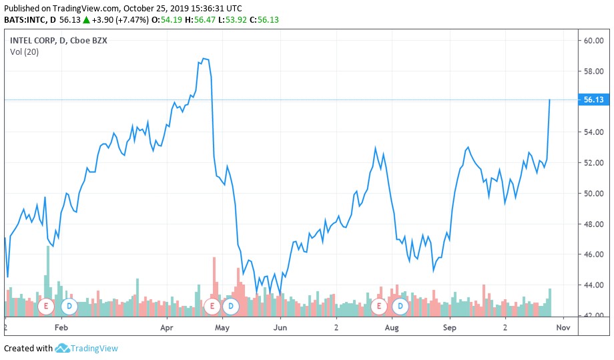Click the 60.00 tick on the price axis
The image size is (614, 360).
pos(593,41)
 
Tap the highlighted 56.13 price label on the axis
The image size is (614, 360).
pos(593,100)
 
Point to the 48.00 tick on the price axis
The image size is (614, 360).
pos(593,224)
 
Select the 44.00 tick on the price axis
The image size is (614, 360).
pos(593,285)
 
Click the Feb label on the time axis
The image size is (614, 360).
pos(61,328)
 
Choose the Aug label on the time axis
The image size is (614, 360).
pos(392,328)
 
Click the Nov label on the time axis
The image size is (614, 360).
pos(563,328)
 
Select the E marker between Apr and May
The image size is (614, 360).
pos(212,307)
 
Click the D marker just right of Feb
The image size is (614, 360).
pos(69,307)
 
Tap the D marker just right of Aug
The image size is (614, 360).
pos(400,307)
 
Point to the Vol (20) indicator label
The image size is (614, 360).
pos(24,52)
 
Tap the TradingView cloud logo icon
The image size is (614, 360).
pos(62,348)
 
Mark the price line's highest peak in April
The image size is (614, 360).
pos(204,59)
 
